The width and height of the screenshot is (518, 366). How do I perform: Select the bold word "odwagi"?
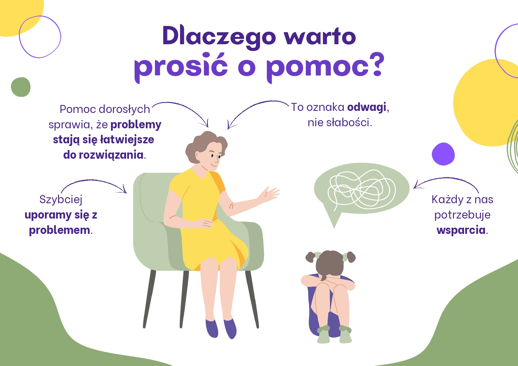367,107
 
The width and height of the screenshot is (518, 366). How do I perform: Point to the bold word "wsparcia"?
461,230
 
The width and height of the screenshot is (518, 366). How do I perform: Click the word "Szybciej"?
61,199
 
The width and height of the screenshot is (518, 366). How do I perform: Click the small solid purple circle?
443,154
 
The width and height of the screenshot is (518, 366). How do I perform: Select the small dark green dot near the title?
21,87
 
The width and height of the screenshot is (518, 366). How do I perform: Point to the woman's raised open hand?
269,195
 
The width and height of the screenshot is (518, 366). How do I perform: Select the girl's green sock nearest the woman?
323,334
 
